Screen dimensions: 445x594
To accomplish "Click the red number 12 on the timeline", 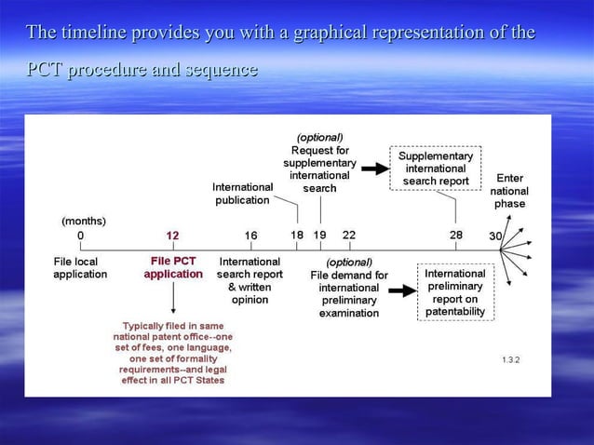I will point(172,236).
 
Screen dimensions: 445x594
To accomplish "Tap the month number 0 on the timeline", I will point(80,236).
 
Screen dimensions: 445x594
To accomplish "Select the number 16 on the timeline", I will point(250,236).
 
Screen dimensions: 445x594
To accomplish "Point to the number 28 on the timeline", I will point(456,236).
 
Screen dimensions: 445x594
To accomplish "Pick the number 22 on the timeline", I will point(348,236).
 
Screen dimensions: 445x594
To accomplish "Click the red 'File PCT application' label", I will point(173,268).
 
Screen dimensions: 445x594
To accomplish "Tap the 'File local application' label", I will point(80,268).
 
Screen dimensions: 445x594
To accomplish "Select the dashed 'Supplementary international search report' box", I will point(436,169).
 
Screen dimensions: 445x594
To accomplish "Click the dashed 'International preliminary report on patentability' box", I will point(455,292).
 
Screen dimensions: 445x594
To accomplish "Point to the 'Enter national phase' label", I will point(509,191).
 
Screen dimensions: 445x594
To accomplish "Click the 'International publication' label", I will point(242,194).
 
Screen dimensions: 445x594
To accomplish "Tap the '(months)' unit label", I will point(84,221).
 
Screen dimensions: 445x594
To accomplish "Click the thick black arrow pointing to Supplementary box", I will point(374,169).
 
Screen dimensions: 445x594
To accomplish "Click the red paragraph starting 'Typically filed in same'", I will point(172,353).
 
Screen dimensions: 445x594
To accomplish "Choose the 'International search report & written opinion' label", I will point(250,281).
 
